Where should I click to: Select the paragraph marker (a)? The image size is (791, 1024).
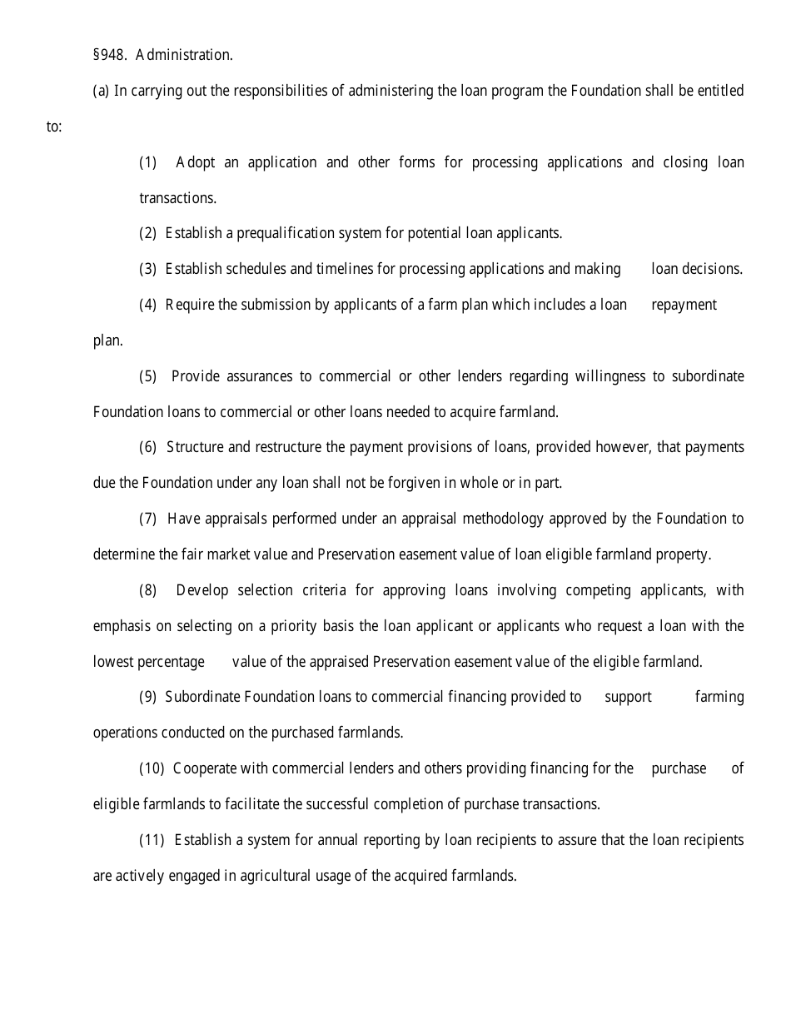(101, 91)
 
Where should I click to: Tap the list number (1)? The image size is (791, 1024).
(148, 162)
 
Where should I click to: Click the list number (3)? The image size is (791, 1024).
(148, 269)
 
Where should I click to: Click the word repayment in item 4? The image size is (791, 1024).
(684, 305)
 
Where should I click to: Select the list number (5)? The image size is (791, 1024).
(148, 376)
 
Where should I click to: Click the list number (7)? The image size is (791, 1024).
(148, 519)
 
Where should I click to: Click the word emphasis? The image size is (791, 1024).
(122, 626)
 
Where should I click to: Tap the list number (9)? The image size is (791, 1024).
(148, 697)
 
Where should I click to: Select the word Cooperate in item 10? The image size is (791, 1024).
(206, 768)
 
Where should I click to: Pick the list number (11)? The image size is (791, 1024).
(152, 840)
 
